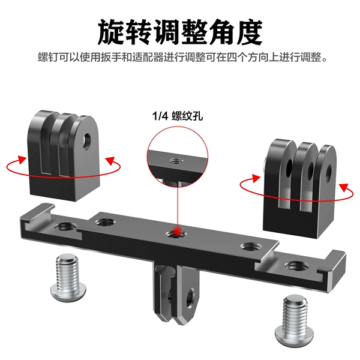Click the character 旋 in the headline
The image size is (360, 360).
(x=112, y=32)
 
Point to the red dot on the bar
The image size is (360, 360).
(x=177, y=231)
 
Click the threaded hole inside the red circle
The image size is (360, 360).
(x=176, y=161)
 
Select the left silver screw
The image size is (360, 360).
(x=68, y=277)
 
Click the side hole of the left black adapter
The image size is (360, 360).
(x=87, y=142)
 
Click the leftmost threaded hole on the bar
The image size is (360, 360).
(x=66, y=227)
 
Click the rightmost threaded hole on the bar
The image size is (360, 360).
(x=296, y=266)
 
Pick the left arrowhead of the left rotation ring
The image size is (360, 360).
(x=22, y=160)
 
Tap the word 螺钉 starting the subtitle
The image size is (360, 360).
(x=48, y=57)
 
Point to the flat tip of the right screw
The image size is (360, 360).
(x=295, y=299)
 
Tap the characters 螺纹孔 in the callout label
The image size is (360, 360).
(x=187, y=116)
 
